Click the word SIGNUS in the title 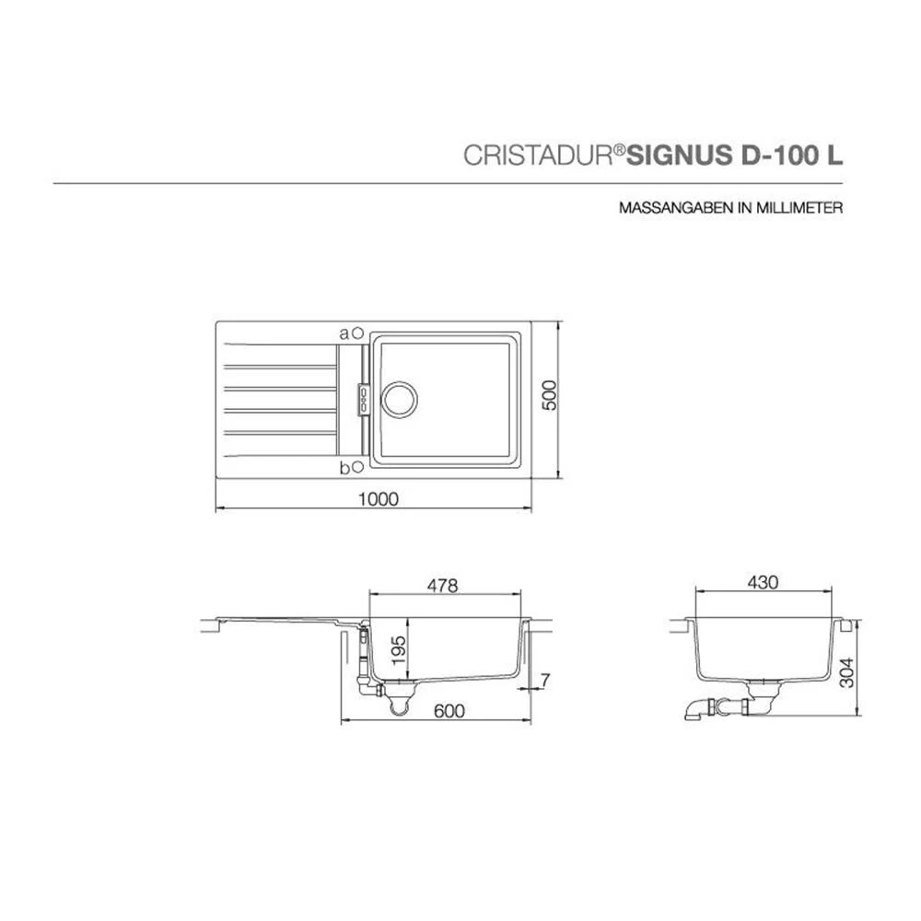[680, 155]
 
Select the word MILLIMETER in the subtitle [800, 208]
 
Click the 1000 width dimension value [379, 498]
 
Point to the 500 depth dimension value [548, 395]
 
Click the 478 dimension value [442, 586]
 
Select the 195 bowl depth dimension [399, 649]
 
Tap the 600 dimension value [449, 711]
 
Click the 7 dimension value [545, 681]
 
